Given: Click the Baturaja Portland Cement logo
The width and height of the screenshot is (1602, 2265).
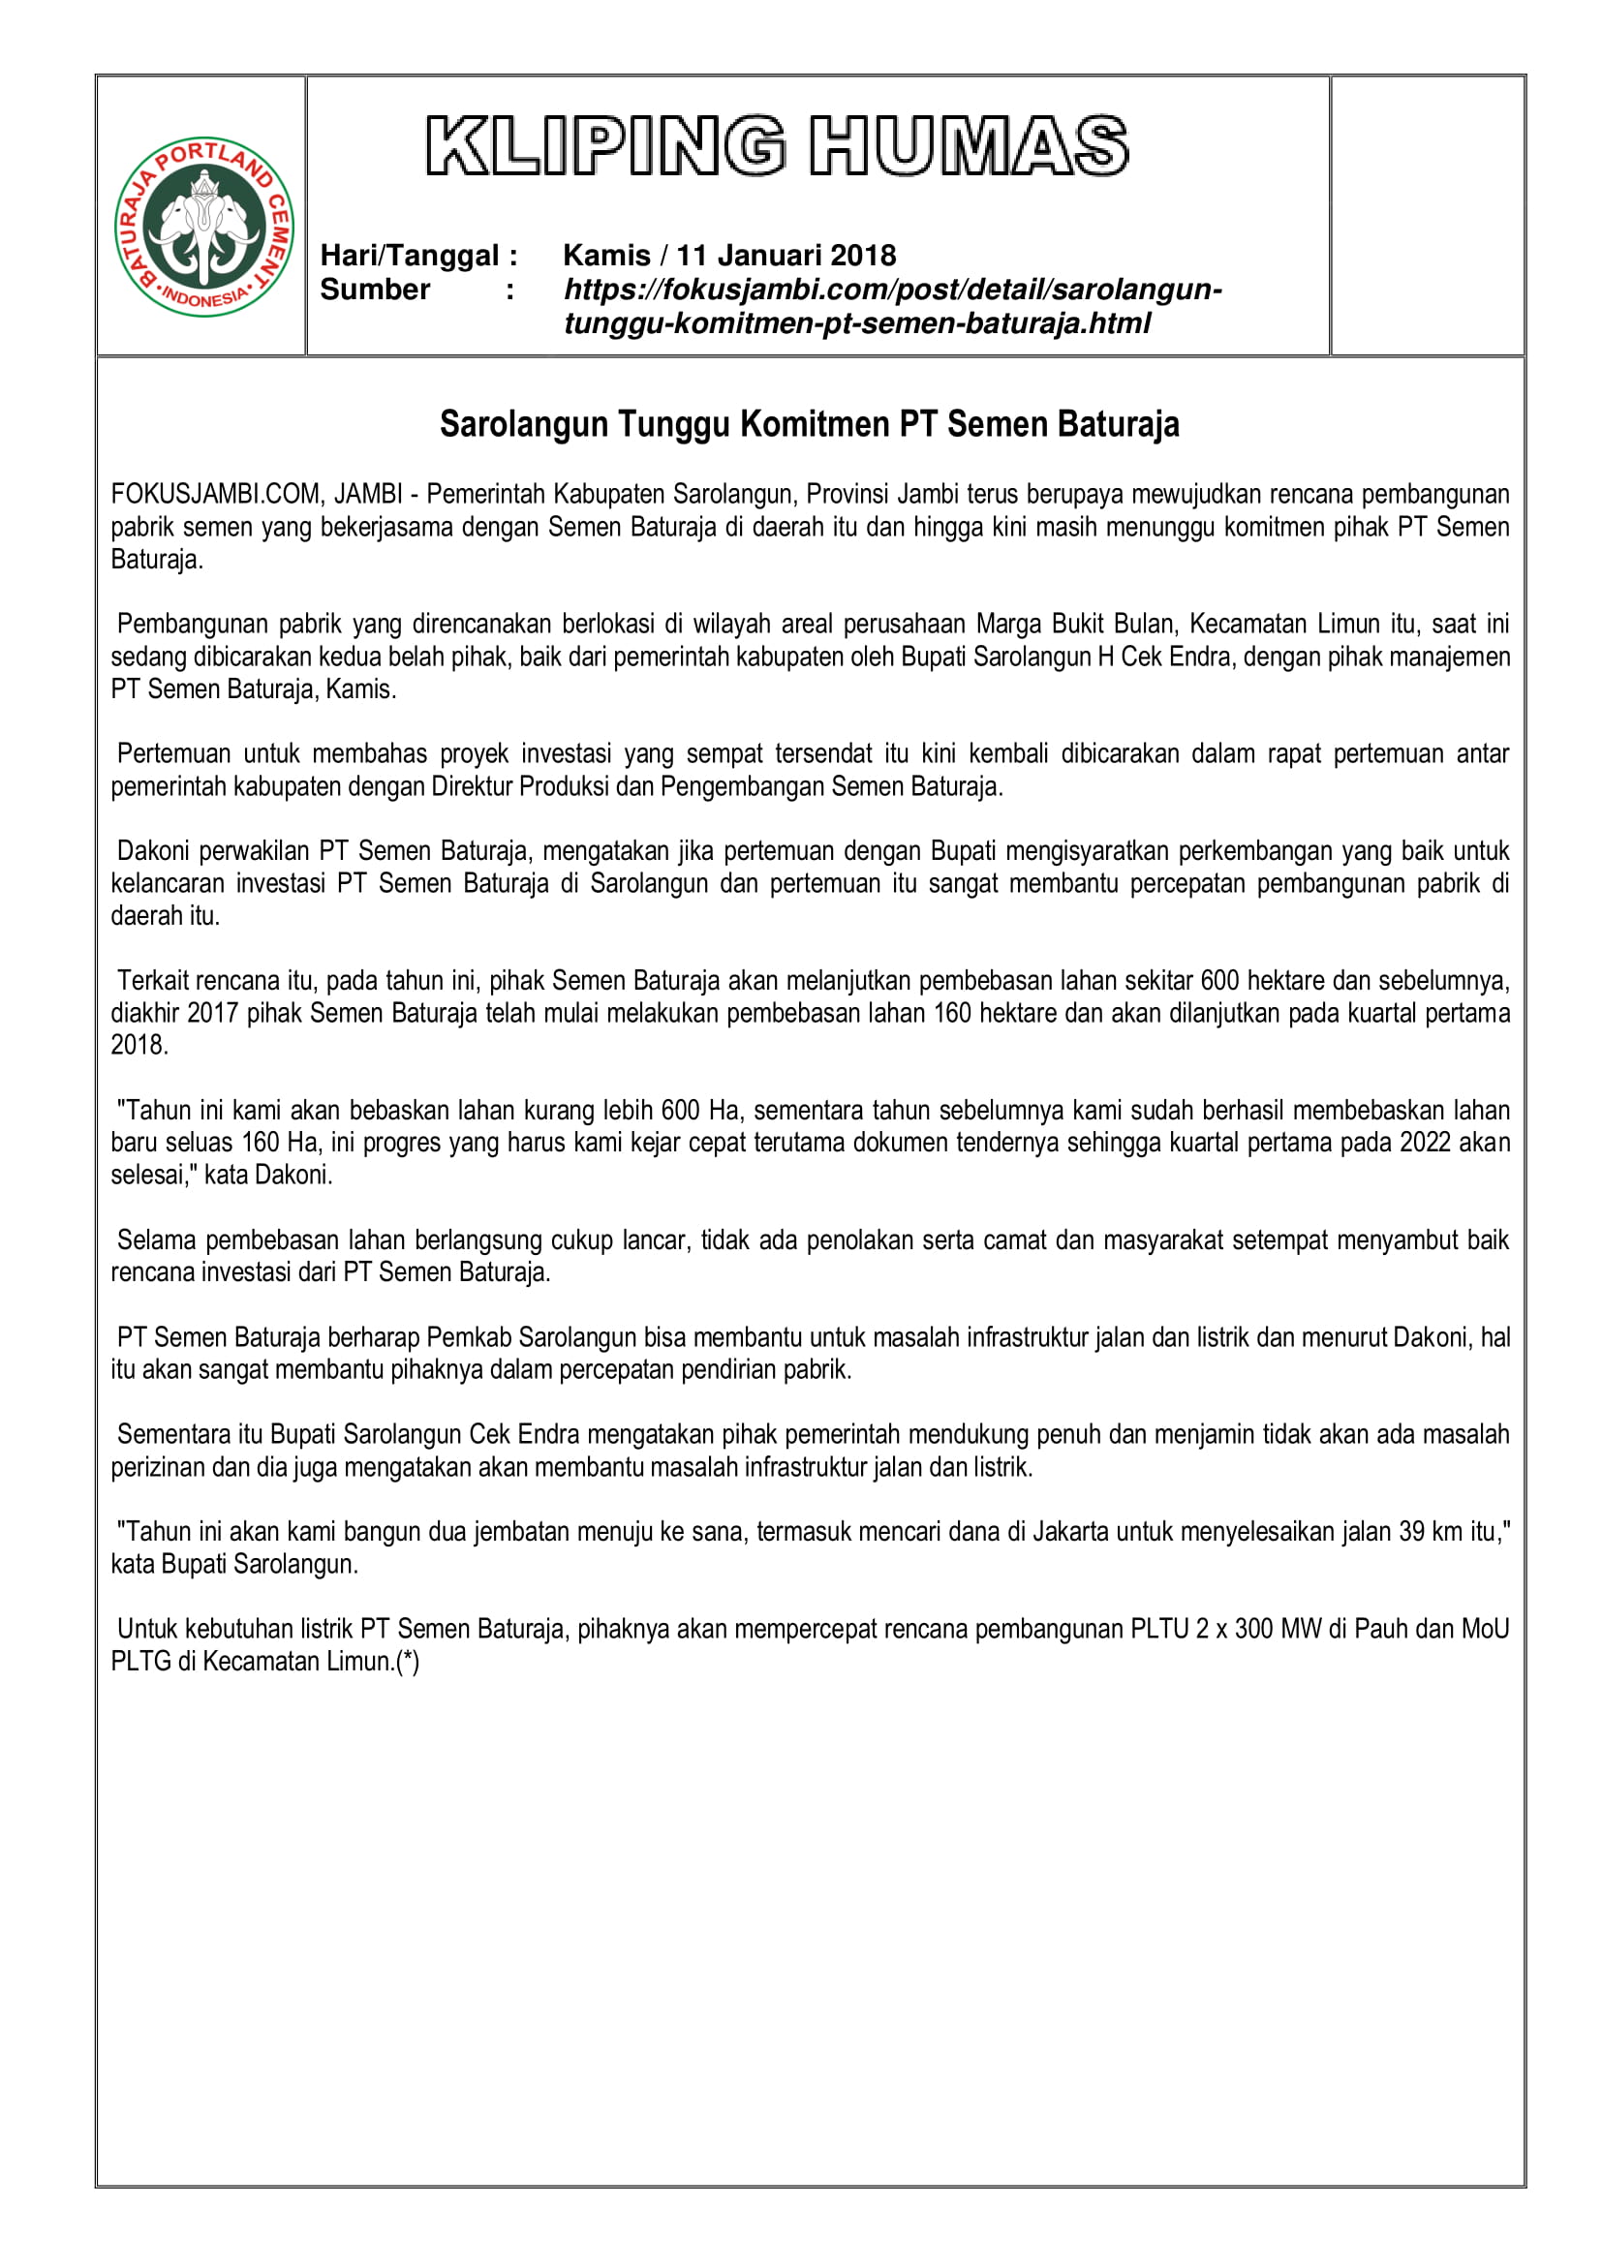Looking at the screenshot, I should (204, 226).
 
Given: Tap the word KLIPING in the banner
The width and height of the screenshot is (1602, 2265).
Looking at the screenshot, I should (604, 146).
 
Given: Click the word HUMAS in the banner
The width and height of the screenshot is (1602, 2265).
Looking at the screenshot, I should (969, 146).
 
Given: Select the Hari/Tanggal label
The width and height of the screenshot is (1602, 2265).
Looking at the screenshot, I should (418, 256).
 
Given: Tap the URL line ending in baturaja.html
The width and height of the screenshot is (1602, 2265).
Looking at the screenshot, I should (856, 323).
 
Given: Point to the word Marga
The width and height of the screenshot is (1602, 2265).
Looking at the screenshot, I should (1009, 624).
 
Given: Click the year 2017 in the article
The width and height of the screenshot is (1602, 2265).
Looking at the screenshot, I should (212, 1013).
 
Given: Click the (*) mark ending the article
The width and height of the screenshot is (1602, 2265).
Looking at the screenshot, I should (407, 1662).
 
